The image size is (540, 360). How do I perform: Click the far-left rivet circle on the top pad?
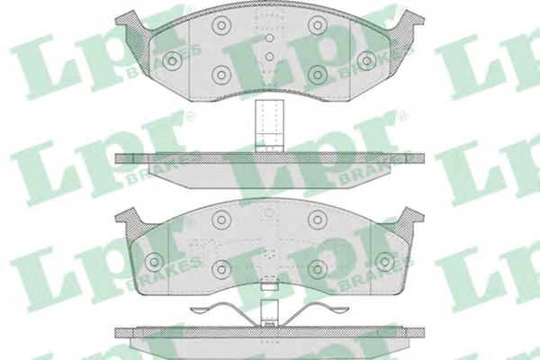pyautogui.click(x=171, y=60)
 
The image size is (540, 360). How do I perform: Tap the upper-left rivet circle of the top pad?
pyautogui.click(x=220, y=26)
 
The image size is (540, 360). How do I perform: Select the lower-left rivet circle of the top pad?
pyautogui.click(x=220, y=75)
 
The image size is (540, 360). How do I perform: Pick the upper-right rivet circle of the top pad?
pyautogui.click(x=317, y=26)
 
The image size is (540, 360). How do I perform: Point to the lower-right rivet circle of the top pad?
pyautogui.click(x=317, y=75)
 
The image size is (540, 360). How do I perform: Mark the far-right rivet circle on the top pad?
pyautogui.click(x=366, y=60)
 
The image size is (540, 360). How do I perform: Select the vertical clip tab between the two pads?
pyautogui.click(x=267, y=124)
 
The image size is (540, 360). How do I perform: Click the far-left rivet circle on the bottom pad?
pyautogui.click(x=153, y=261)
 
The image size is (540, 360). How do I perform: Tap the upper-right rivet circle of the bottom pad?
pyautogui.click(x=317, y=220)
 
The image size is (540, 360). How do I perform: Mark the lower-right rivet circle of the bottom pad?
pyautogui.click(x=317, y=268)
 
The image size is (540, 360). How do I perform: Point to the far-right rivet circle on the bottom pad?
pyautogui.click(x=384, y=261)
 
